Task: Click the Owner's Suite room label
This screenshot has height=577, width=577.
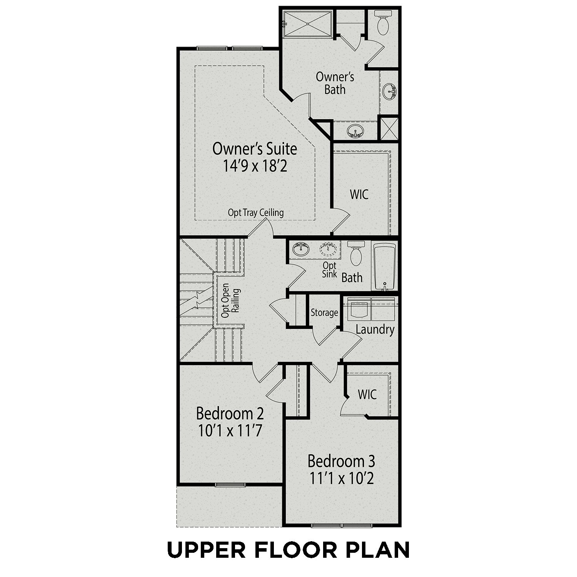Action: (x=255, y=149)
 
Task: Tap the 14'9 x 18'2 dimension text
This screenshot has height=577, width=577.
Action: (x=255, y=166)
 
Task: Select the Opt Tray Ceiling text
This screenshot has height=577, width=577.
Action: (x=256, y=212)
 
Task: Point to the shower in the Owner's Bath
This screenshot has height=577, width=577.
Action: (x=308, y=24)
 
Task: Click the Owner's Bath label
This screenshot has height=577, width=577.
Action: (x=335, y=83)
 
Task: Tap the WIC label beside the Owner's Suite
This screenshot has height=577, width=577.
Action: (x=359, y=194)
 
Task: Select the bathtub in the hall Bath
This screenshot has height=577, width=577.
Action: (x=385, y=266)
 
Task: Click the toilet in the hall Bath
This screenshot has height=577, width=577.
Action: (x=356, y=253)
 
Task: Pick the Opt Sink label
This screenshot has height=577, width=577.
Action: (x=330, y=270)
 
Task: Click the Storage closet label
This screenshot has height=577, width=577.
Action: (x=324, y=313)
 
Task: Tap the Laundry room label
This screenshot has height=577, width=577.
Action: (x=375, y=330)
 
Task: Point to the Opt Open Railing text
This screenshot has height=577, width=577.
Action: (x=230, y=301)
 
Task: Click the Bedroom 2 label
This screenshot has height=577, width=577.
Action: (x=230, y=414)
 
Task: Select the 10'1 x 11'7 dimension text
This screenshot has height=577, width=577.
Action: (x=230, y=431)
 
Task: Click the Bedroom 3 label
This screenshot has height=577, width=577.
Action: (x=342, y=460)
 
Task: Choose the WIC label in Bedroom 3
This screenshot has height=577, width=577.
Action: (x=367, y=394)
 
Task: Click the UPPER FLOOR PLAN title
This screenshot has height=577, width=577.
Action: (x=288, y=549)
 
